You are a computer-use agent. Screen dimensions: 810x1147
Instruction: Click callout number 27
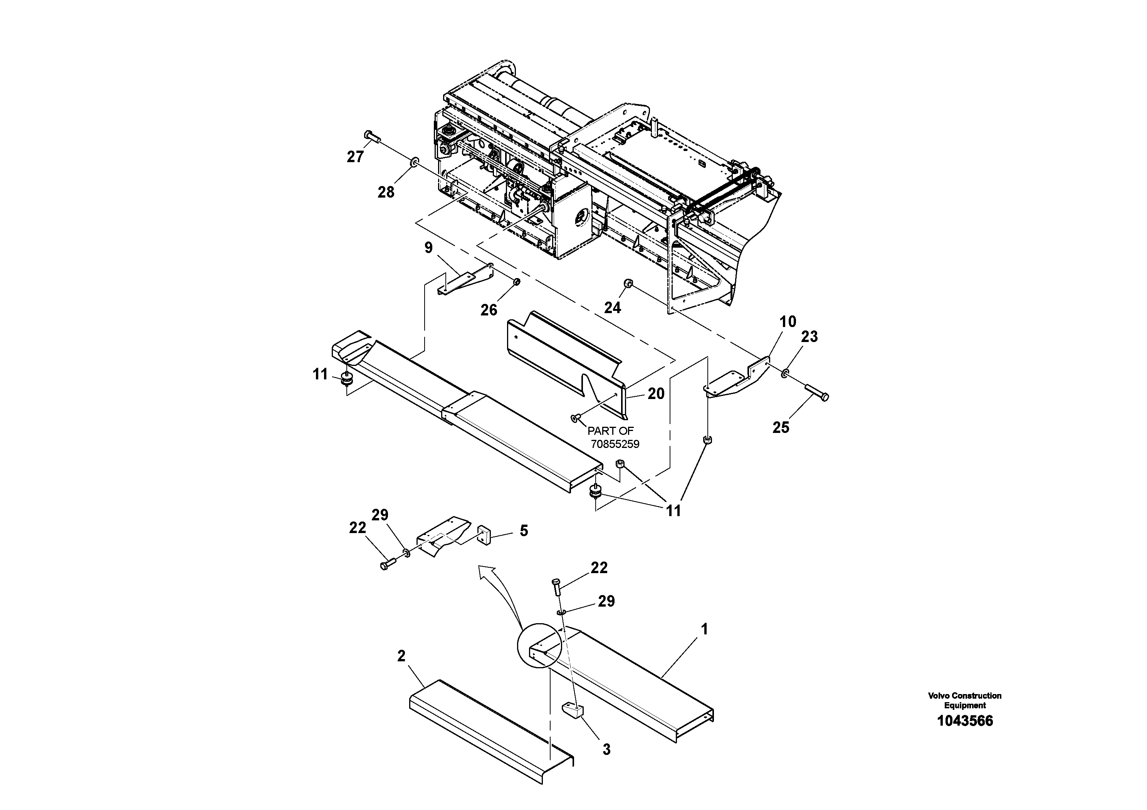tap(355, 157)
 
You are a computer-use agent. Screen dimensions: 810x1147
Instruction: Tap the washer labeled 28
tap(414, 163)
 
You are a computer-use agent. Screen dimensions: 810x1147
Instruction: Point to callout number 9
tap(428, 248)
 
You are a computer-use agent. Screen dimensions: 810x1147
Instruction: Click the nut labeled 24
tap(628, 283)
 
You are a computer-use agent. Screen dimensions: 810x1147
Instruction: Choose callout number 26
tap(489, 310)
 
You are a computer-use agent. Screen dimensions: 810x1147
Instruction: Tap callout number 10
tap(788, 322)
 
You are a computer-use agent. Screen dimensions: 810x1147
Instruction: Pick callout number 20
tap(656, 394)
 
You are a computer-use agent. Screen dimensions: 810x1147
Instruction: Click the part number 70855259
tap(615, 444)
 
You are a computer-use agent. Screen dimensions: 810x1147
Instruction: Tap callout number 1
tap(704, 629)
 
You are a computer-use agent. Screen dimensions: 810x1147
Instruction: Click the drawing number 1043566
tap(965, 721)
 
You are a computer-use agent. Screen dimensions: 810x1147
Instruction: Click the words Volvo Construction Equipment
tap(965, 700)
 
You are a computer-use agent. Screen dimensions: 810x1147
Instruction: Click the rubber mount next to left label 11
tap(346, 379)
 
